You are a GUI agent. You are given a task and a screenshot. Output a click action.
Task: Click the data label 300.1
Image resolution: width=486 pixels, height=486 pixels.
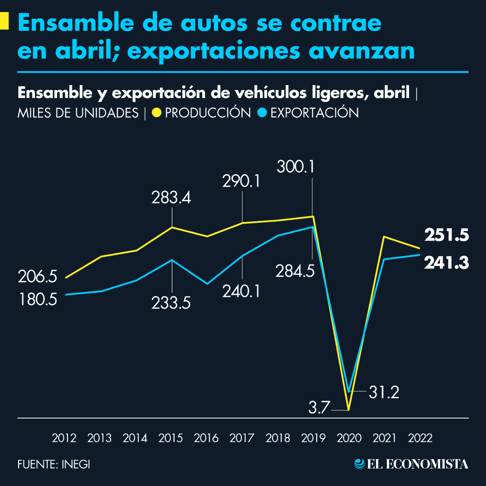[x=296, y=166]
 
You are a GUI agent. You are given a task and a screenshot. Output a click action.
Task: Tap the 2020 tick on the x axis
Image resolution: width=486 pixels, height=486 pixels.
[x=349, y=438]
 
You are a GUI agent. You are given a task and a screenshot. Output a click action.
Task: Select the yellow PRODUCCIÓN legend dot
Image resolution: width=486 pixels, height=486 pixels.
[x=156, y=113]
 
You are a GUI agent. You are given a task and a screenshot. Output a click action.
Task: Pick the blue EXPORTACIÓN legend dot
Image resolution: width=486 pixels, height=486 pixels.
[x=262, y=113]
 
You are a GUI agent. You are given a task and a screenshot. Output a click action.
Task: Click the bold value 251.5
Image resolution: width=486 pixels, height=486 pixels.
[x=446, y=235]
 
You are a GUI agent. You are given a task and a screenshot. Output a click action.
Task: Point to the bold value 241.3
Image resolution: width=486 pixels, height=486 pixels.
[x=446, y=263]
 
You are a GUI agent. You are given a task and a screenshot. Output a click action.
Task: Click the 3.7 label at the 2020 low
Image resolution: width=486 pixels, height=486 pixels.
[x=319, y=407]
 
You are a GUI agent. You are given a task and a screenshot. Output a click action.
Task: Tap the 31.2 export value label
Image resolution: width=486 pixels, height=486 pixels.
[x=384, y=392]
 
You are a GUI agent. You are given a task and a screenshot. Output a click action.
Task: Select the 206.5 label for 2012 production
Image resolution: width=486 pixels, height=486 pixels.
[x=38, y=277]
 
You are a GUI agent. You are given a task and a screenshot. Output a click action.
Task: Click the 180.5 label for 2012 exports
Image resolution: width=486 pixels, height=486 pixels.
[x=38, y=300]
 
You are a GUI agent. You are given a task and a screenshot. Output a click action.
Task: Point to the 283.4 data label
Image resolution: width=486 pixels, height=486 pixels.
[x=171, y=198]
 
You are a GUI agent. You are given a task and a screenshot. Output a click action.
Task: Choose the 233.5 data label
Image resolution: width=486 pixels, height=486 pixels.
[x=171, y=303]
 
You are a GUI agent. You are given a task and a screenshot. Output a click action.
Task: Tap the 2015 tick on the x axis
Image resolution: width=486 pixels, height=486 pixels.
[x=171, y=438]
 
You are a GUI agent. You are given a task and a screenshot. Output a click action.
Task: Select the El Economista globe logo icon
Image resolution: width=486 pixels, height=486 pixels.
[x=359, y=464]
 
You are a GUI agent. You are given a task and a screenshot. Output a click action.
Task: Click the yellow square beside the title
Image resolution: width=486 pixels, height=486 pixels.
[x=4, y=21]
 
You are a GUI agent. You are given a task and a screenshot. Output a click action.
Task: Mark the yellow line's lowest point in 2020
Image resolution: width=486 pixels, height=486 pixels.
[x=348, y=410]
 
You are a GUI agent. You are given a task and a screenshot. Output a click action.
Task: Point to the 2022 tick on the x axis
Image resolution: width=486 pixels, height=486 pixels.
[x=420, y=438]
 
